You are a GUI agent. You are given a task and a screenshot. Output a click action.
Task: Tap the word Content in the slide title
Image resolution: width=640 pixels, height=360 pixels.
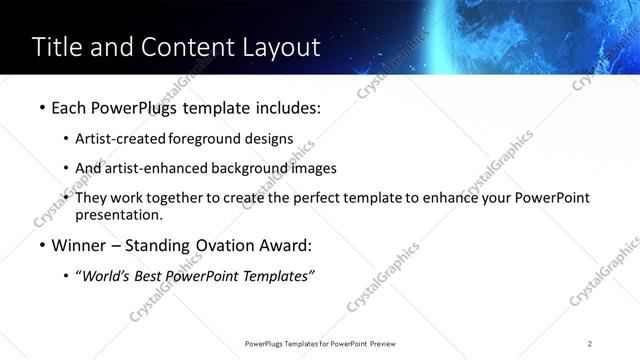181,47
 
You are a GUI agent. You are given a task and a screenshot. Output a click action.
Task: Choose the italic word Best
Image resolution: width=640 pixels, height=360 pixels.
156,276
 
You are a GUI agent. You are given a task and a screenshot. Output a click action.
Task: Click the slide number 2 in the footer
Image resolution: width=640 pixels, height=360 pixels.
590,343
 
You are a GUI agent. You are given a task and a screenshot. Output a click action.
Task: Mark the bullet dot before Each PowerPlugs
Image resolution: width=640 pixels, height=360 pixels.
39,108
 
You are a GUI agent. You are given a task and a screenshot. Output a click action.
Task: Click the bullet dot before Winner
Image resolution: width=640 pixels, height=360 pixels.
39,246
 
